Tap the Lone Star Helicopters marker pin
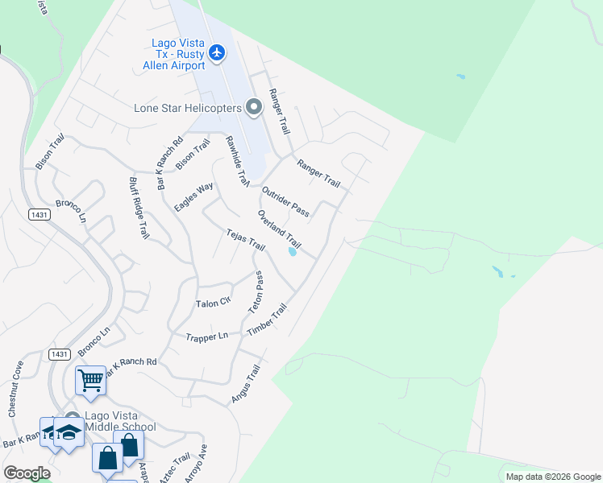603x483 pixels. [254, 107]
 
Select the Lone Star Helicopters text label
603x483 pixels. [189, 108]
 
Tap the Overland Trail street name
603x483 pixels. [279, 229]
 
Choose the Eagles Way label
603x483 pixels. [193, 197]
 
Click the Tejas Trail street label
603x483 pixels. [245, 238]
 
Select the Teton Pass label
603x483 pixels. [257, 291]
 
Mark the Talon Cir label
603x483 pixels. [214, 304]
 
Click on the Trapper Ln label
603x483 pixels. [207, 336]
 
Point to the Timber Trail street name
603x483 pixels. [268, 320]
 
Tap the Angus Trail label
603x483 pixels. [245, 385]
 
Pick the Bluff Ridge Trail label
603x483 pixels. [139, 208]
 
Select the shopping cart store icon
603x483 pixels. [91, 380]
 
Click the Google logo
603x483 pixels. [27, 473]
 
